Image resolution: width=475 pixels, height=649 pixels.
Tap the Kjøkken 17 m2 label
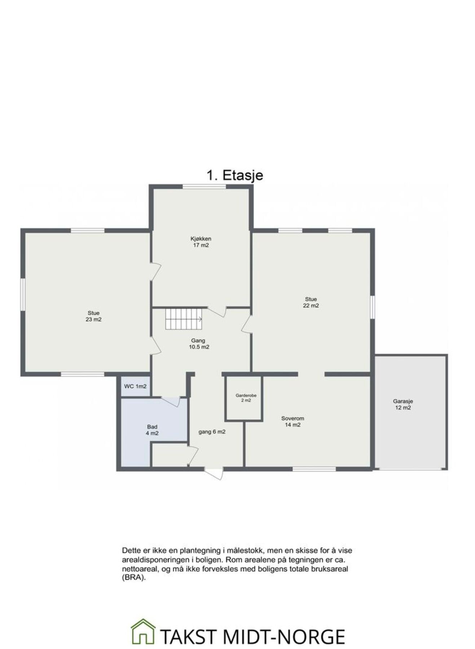tap(201, 242)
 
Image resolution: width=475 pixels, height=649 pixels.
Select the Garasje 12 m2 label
tap(403, 404)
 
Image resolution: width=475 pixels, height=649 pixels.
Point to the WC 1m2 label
tap(135, 387)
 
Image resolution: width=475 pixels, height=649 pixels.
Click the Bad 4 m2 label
tap(152, 430)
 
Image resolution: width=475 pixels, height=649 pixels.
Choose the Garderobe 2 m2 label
tap(243, 398)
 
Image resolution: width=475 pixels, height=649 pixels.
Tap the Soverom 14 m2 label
tap(293, 421)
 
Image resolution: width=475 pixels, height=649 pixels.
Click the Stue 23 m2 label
tap(93, 316)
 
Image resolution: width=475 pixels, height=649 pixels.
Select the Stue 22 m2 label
tap(311, 302)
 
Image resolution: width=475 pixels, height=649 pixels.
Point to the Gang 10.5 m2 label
tap(199, 344)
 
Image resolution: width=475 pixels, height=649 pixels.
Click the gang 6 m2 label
tap(212, 432)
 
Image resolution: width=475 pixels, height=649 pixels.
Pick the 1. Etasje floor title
tap(234, 175)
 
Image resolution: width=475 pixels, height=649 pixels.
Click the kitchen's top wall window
tap(204, 186)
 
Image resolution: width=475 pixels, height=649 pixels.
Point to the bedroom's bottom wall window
tap(313, 469)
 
